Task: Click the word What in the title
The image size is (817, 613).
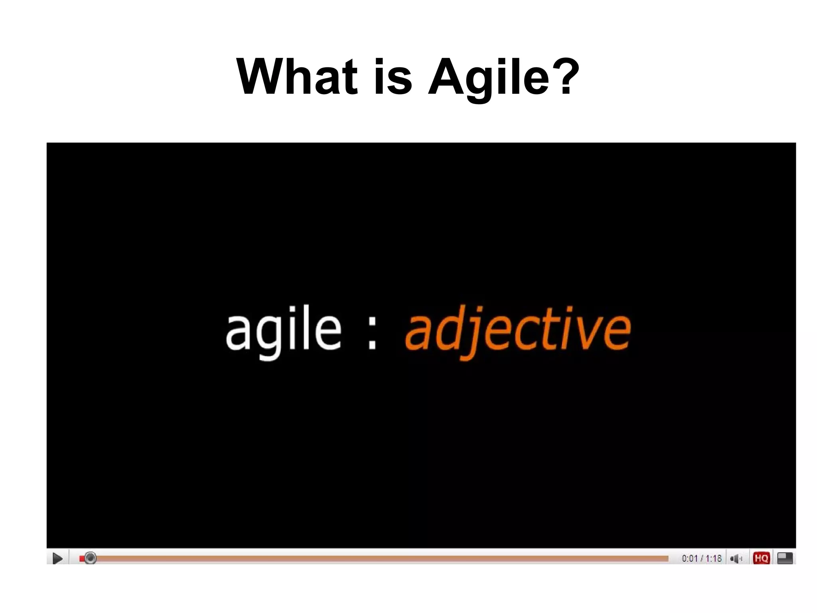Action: tap(297, 77)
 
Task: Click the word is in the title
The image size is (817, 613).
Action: tap(393, 77)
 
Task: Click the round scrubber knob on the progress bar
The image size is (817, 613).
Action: tap(91, 558)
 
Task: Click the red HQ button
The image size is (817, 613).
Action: tap(761, 558)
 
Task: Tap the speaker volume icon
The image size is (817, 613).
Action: tap(735, 558)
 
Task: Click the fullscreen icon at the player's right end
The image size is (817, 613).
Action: tap(785, 558)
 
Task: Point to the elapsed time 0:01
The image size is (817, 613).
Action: tap(689, 558)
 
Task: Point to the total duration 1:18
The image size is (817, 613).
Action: tap(714, 558)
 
